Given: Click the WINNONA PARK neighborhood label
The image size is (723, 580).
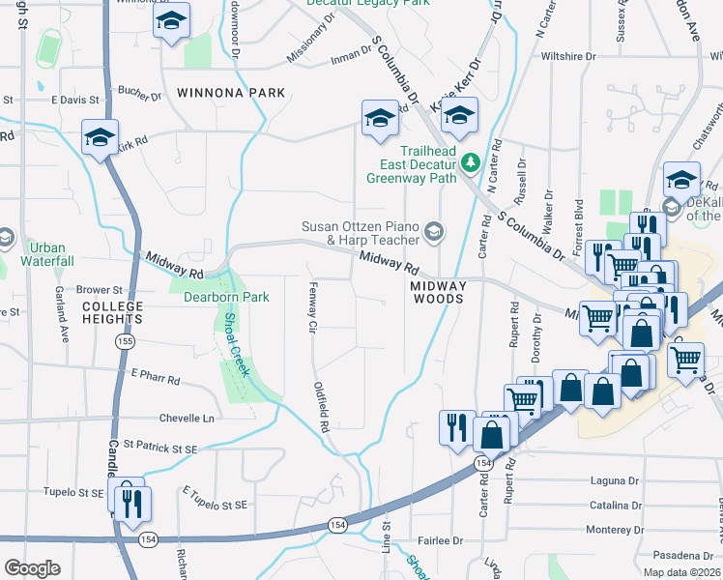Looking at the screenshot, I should point(232,93).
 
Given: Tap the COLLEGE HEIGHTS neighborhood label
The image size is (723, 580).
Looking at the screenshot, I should point(112,313).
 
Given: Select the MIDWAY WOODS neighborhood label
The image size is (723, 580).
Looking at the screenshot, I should point(438,293).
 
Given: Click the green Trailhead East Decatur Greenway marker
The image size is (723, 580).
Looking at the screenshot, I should point(471,161).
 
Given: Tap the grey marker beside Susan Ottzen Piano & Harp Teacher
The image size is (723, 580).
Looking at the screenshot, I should point(434,230).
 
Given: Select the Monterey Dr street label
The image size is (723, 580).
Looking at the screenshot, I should point(615,530).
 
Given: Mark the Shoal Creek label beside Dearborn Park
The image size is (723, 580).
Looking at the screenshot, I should point(237,344).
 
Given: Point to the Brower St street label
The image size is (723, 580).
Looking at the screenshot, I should point(100,289).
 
